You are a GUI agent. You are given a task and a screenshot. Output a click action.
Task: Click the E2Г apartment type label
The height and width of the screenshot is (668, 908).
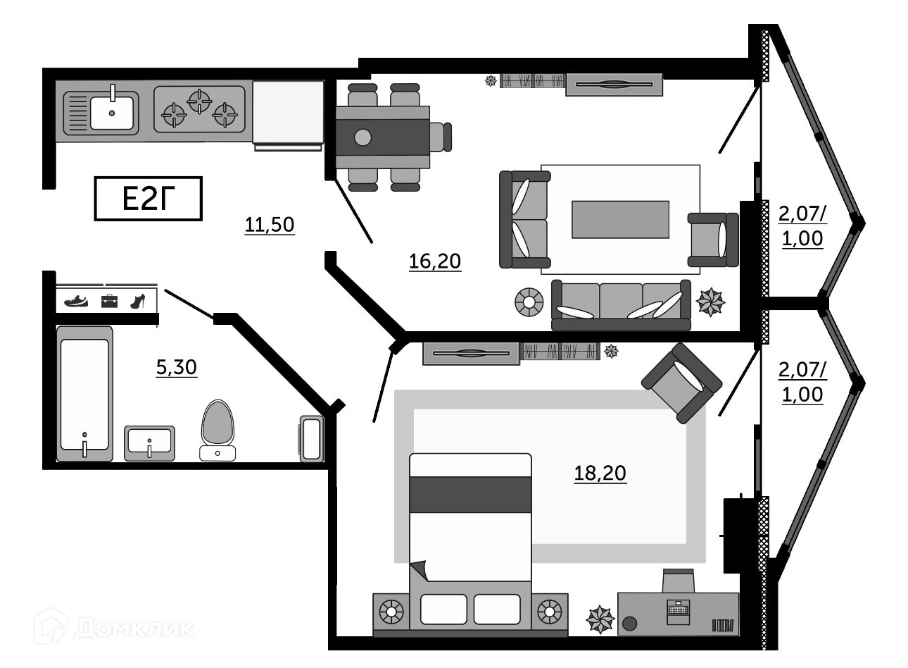[x=148, y=199]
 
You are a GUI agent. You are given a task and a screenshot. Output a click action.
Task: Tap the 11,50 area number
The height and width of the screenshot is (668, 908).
[x=269, y=225]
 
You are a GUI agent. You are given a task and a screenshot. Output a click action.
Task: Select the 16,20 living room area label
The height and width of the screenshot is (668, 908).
[x=434, y=261]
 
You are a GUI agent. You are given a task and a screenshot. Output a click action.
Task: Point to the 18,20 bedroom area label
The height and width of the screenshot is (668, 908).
[x=600, y=473]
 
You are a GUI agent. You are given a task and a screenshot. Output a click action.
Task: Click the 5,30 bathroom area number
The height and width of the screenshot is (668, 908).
[x=176, y=367]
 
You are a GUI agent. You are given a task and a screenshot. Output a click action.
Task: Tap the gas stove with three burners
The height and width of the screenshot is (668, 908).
[x=199, y=109]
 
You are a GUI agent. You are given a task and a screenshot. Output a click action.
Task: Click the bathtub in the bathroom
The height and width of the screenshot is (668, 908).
[x=84, y=394]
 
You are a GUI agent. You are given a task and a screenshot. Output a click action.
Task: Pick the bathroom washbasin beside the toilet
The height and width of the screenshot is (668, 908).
[x=149, y=443]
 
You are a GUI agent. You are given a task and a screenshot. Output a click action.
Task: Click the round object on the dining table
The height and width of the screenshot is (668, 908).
[x=362, y=137]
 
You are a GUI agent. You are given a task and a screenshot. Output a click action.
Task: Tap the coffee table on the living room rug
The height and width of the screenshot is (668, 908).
[x=620, y=219]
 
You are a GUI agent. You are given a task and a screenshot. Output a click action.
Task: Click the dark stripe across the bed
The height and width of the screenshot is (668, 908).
[x=470, y=494]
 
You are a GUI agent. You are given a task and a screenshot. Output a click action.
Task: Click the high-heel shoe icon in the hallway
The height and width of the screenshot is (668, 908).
[x=138, y=301]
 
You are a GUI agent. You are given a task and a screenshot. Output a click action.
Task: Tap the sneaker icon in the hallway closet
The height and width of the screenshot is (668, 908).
[x=76, y=301]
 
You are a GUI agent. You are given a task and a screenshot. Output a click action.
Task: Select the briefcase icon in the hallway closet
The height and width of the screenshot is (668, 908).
[x=108, y=301]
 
